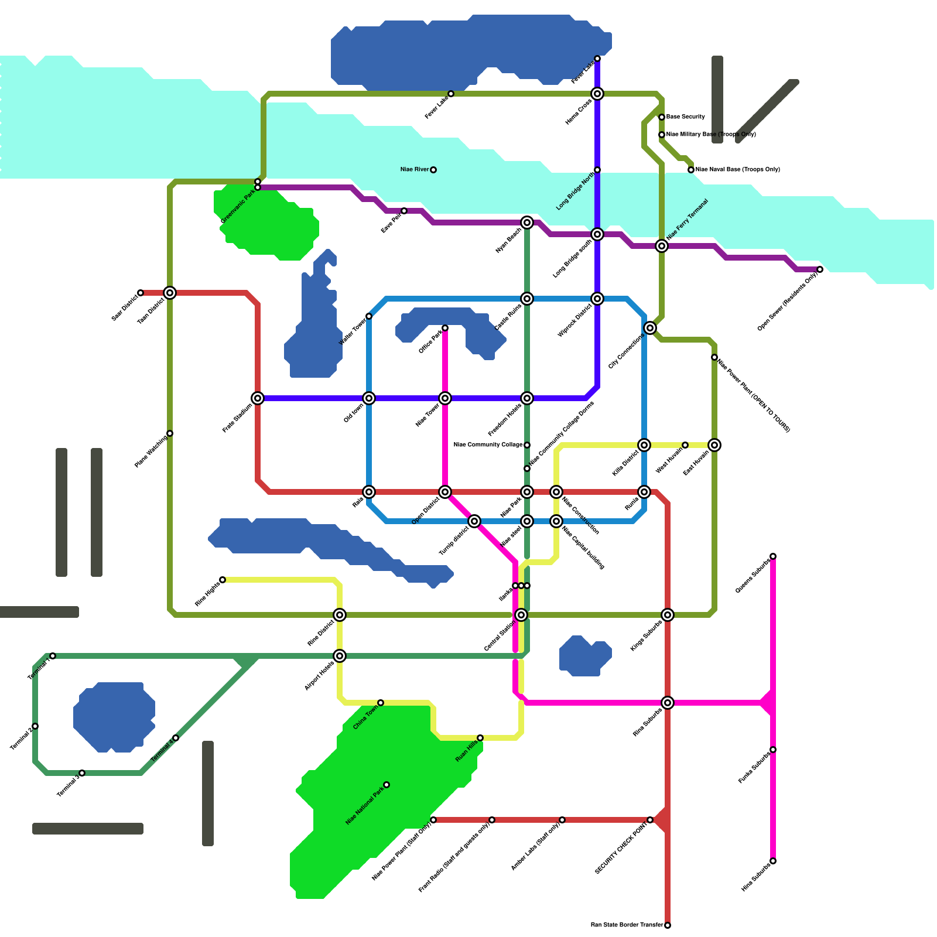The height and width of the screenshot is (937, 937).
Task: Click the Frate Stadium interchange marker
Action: (x=258, y=398)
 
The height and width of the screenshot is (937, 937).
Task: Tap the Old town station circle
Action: (x=369, y=398)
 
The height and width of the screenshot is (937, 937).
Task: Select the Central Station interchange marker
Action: (x=521, y=615)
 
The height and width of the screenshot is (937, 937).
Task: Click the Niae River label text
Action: (x=415, y=170)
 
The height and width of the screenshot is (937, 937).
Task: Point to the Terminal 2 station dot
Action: (x=35, y=726)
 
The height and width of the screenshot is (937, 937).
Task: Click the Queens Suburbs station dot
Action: (x=773, y=556)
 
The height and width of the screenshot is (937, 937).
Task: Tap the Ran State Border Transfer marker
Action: (x=668, y=925)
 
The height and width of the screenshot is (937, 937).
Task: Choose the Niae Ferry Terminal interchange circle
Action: (x=662, y=246)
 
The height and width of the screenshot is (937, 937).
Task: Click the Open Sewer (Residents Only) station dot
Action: (x=820, y=269)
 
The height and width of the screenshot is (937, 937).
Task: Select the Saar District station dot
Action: (x=141, y=293)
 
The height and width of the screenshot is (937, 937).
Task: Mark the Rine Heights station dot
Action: (x=223, y=580)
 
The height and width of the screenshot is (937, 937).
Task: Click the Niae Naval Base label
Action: (x=737, y=170)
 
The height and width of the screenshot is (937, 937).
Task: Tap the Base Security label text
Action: (x=685, y=117)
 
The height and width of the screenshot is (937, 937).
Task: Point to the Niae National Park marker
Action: (x=387, y=785)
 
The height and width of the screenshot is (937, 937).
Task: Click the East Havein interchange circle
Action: (x=714, y=445)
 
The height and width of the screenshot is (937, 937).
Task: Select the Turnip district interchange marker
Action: (x=474, y=521)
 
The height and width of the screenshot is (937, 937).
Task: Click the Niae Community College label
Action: (x=488, y=445)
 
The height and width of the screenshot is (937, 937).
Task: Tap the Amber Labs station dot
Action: (x=562, y=820)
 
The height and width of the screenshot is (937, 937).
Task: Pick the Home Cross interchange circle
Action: (x=597, y=94)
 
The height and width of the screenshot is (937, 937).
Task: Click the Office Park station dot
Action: (x=445, y=328)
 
